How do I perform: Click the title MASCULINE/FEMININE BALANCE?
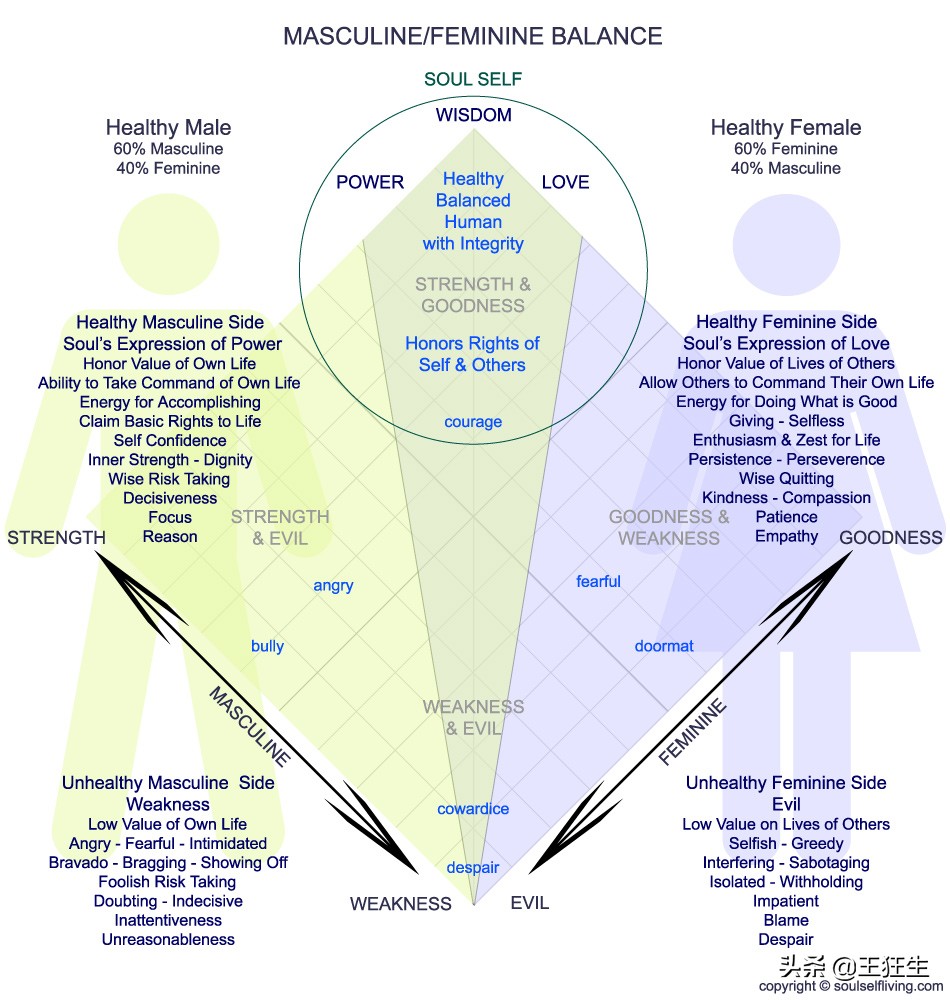tap(473, 37)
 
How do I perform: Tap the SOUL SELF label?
tap(473, 80)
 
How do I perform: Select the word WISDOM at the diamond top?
tap(473, 115)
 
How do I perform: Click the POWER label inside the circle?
tap(370, 182)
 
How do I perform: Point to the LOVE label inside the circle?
tap(565, 182)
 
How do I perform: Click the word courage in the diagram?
tap(473, 422)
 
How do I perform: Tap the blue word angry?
tap(333, 586)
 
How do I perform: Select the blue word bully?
tap(267, 646)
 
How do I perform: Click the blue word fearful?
tap(598, 582)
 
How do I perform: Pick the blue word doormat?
tap(664, 646)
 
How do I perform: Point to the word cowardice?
tap(473, 809)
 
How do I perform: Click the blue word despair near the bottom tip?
tap(473, 868)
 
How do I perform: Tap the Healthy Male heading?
tap(168, 128)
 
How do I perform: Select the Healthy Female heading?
tap(786, 128)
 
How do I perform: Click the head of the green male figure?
tap(168, 242)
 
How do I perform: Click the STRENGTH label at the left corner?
tap(56, 538)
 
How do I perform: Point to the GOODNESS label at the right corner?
tap(890, 538)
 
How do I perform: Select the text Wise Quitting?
tap(786, 479)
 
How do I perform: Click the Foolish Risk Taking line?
tap(167, 882)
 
